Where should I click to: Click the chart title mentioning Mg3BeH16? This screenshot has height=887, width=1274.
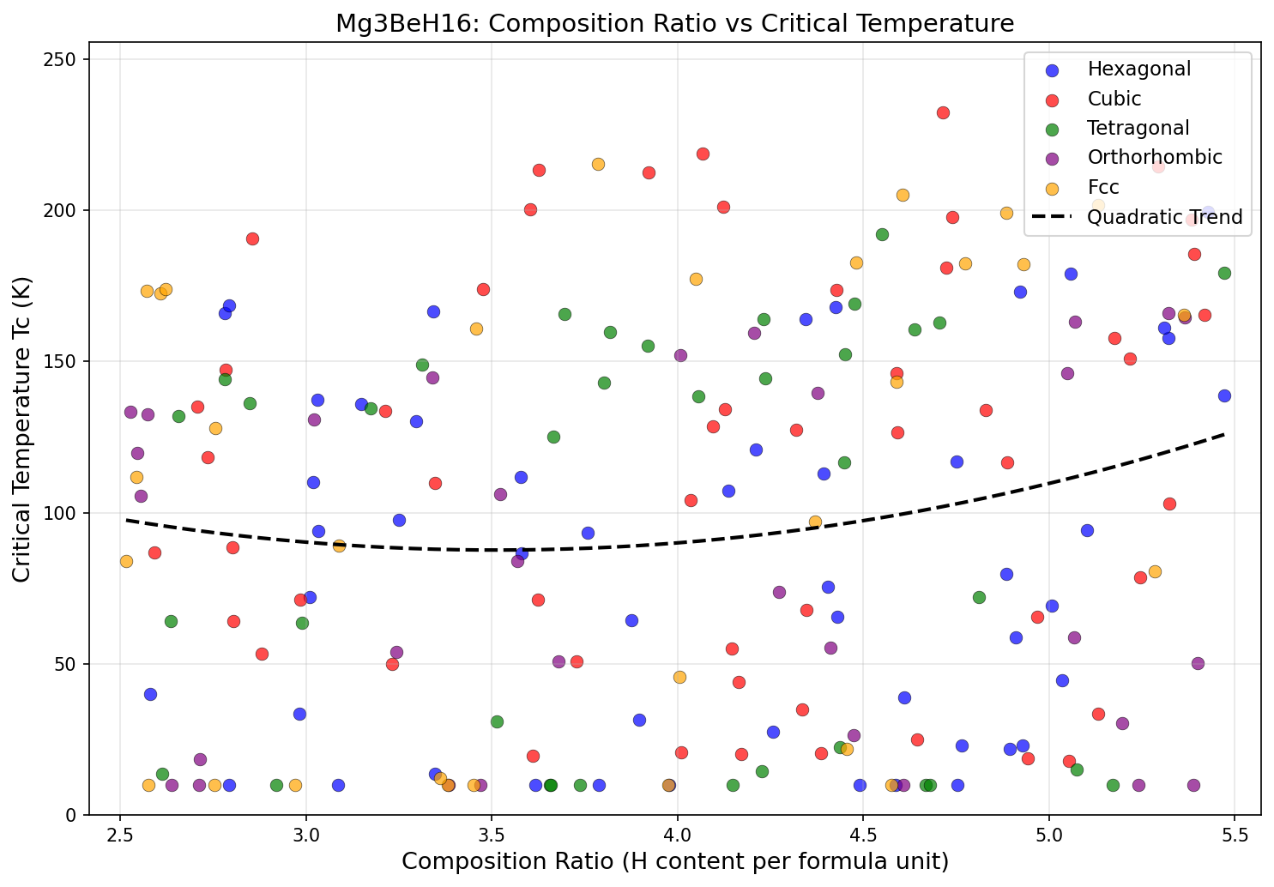pos(674,23)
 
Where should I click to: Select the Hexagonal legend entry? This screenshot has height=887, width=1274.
pos(1138,69)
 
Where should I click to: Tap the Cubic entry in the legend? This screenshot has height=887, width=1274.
pos(1114,99)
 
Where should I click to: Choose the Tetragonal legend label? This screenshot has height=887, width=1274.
pos(1138,128)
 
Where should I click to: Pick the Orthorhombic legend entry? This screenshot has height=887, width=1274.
pos(1154,157)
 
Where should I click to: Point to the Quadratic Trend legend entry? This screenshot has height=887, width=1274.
pos(1164,217)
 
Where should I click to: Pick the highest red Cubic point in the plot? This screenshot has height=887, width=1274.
pos(943,112)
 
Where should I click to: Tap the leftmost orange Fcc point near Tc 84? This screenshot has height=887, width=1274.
pos(126,561)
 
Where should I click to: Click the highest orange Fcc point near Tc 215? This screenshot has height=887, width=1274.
pos(598,164)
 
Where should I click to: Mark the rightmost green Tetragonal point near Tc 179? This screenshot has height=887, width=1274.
pos(1224,273)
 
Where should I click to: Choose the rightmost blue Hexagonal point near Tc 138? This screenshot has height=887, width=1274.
pos(1224,395)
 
